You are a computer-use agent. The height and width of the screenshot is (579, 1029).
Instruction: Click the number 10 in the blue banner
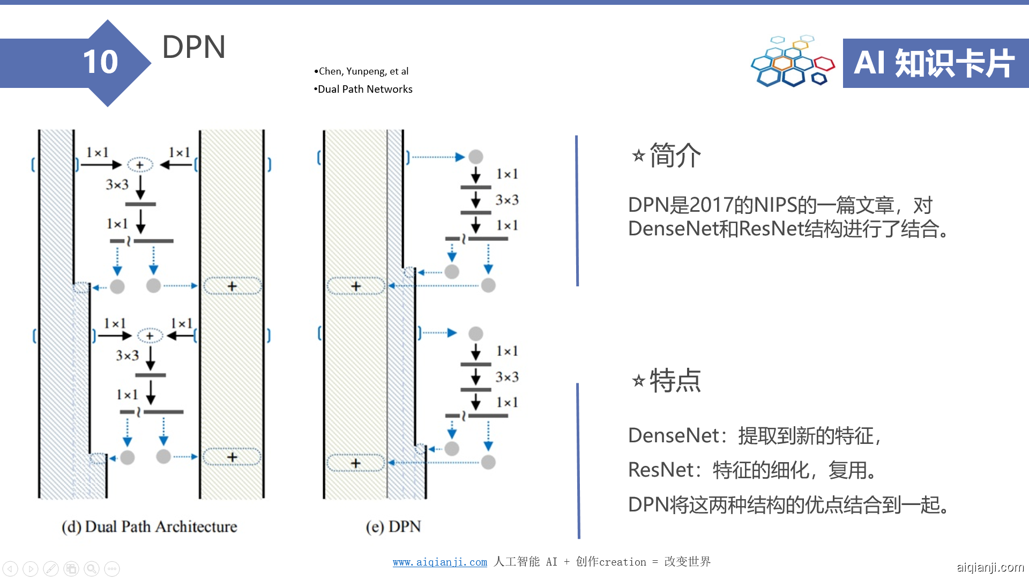point(100,62)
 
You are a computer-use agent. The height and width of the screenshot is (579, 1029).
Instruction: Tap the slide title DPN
point(193,47)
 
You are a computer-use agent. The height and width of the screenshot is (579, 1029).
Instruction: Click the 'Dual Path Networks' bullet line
point(364,89)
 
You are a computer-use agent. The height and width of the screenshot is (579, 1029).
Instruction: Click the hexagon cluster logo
point(792,62)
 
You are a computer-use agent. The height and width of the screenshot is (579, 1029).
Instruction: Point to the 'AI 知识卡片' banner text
point(934,63)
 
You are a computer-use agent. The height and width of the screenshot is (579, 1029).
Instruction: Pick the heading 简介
point(675,155)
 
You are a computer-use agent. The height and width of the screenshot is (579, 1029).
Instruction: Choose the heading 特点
point(675,381)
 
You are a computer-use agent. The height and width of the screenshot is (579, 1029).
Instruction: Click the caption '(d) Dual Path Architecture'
point(149,526)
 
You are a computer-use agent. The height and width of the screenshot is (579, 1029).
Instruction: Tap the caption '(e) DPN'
point(393,526)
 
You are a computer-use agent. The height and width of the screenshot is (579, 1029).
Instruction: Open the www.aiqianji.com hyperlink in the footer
point(439,562)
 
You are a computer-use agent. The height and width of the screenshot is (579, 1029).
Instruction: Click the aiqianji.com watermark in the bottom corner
point(990,567)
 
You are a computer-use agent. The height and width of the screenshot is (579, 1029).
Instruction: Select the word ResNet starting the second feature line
point(660,470)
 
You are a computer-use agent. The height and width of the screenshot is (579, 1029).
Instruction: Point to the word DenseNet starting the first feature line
point(673,436)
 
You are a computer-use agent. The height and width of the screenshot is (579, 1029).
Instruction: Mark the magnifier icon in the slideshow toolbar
point(92,568)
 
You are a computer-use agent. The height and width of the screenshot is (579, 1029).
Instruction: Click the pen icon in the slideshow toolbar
point(51,568)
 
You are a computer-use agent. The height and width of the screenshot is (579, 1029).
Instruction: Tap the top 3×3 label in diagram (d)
point(117,185)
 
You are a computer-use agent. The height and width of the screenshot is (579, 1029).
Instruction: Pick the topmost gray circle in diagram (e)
point(475,157)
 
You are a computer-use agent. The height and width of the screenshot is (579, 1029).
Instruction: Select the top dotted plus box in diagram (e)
point(356,286)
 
